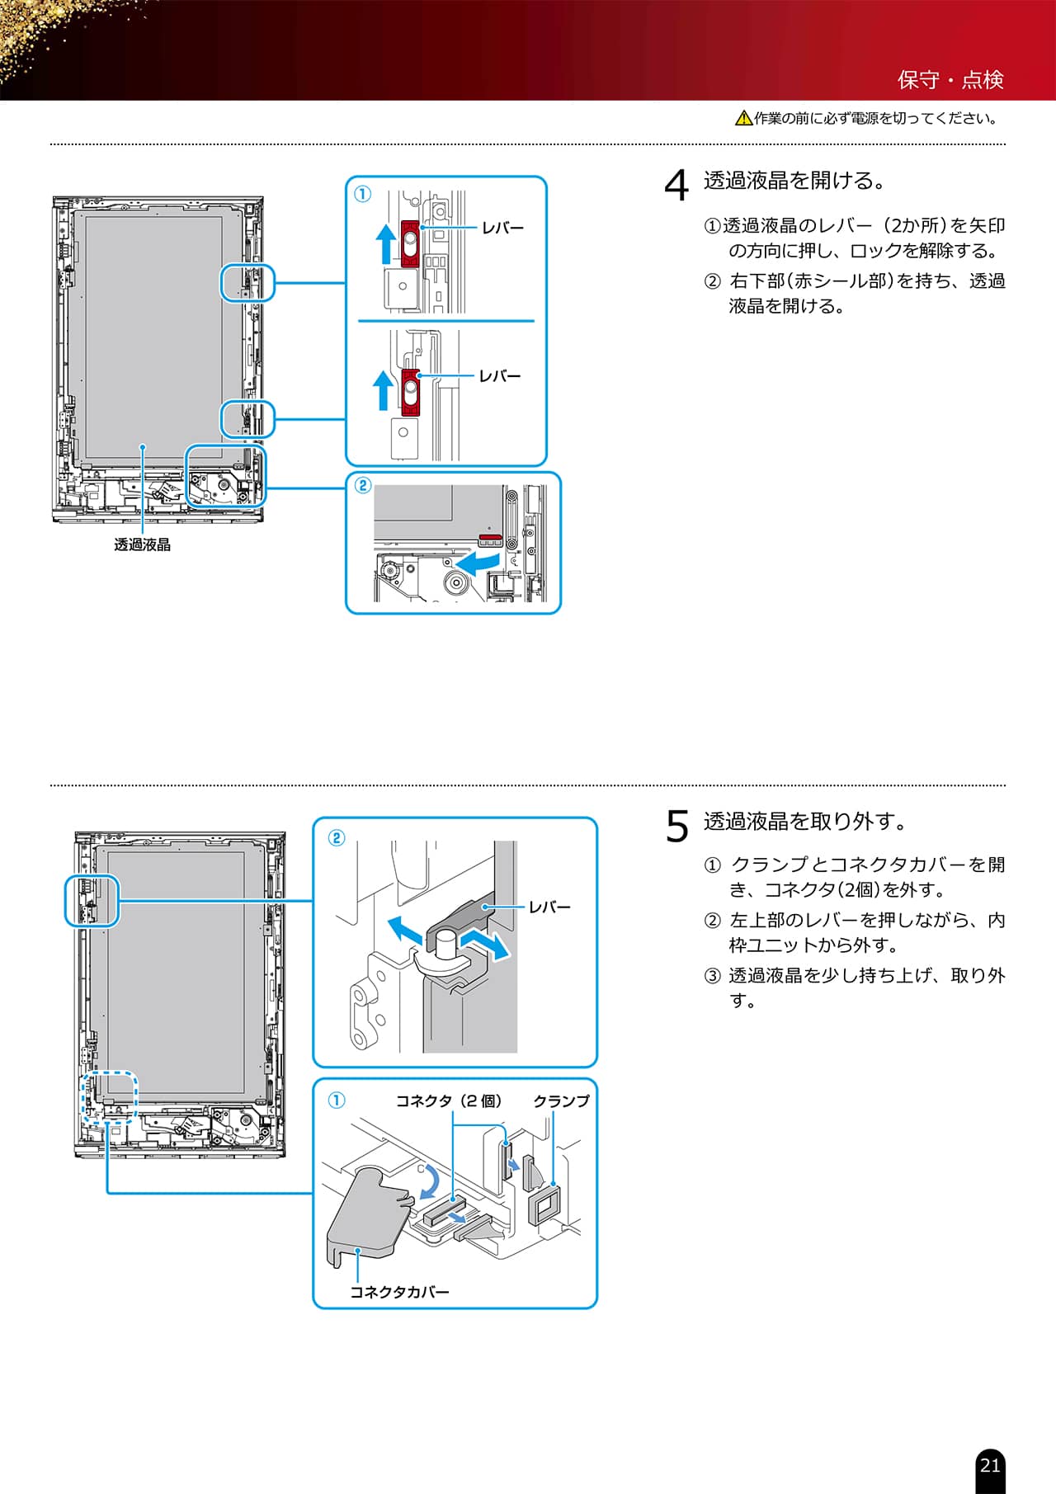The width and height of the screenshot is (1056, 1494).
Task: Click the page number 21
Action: click(990, 1465)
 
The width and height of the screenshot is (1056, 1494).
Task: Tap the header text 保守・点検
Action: click(950, 80)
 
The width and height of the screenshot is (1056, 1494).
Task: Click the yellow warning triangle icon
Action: click(743, 119)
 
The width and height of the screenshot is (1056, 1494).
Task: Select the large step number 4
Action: click(676, 185)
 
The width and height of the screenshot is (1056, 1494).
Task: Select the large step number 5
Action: click(676, 826)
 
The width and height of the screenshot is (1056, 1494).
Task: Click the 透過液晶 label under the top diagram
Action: click(142, 544)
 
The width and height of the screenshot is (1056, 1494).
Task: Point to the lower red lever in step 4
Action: click(410, 391)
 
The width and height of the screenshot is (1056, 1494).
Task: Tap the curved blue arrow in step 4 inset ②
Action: click(478, 563)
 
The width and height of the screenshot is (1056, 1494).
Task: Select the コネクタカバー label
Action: click(399, 1292)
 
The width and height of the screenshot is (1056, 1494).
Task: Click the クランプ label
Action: click(561, 1101)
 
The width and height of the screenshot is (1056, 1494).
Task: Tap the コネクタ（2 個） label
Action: click(449, 1101)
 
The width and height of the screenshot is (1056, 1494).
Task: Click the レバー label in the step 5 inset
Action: click(549, 907)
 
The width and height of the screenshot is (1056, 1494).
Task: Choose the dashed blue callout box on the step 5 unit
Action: click(109, 1097)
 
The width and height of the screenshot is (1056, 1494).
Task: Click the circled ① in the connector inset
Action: click(337, 1100)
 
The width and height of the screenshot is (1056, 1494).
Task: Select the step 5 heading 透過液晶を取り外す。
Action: click(805, 822)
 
